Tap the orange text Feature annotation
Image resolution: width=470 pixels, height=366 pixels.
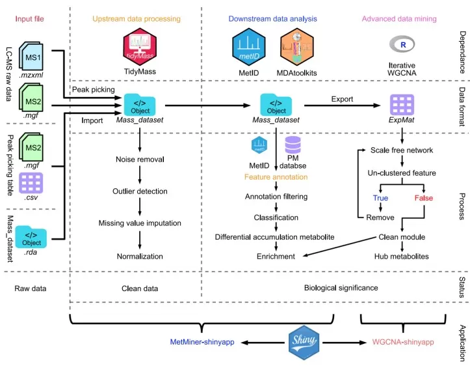(276, 176)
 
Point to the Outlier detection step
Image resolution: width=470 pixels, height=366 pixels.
(140, 191)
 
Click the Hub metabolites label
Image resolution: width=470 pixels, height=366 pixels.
(401, 257)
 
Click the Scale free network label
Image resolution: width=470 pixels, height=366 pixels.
(401, 150)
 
